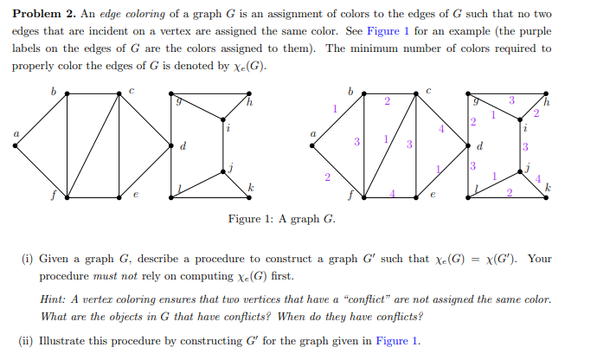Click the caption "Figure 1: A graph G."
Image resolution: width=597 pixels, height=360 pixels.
[282, 218]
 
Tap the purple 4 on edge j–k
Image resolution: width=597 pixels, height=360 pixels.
[539, 179]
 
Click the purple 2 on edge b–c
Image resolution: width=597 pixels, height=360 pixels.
[387, 102]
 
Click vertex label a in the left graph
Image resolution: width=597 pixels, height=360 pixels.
[14, 132]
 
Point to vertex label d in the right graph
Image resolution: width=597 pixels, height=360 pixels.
[480, 145]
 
